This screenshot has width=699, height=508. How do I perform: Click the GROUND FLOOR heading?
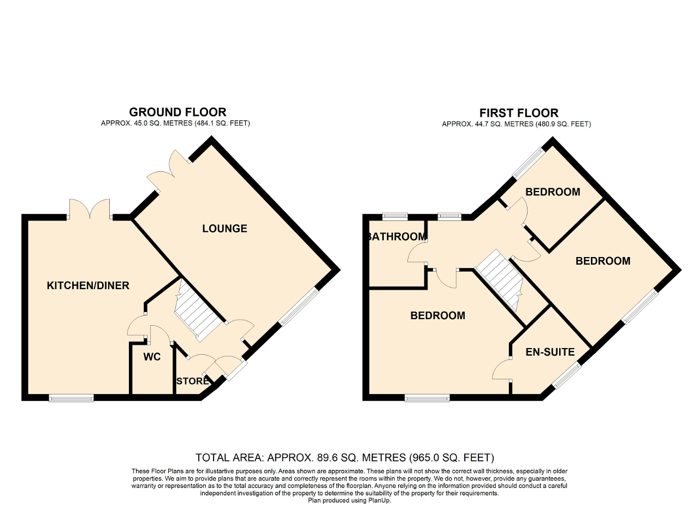(177, 112)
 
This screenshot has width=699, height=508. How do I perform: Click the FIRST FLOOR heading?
(519, 112)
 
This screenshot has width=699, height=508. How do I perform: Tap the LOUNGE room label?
(224, 229)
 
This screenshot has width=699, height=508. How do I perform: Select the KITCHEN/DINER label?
(88, 285)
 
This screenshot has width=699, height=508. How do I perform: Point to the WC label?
(152, 357)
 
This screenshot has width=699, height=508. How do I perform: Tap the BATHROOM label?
(396, 237)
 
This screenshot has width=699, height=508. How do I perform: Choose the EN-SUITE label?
(550, 352)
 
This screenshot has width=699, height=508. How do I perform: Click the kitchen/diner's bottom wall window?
(72, 398)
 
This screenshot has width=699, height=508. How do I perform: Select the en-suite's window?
(568, 377)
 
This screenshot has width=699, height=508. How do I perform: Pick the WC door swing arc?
(160, 334)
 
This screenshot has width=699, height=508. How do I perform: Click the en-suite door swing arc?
(501, 369)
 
